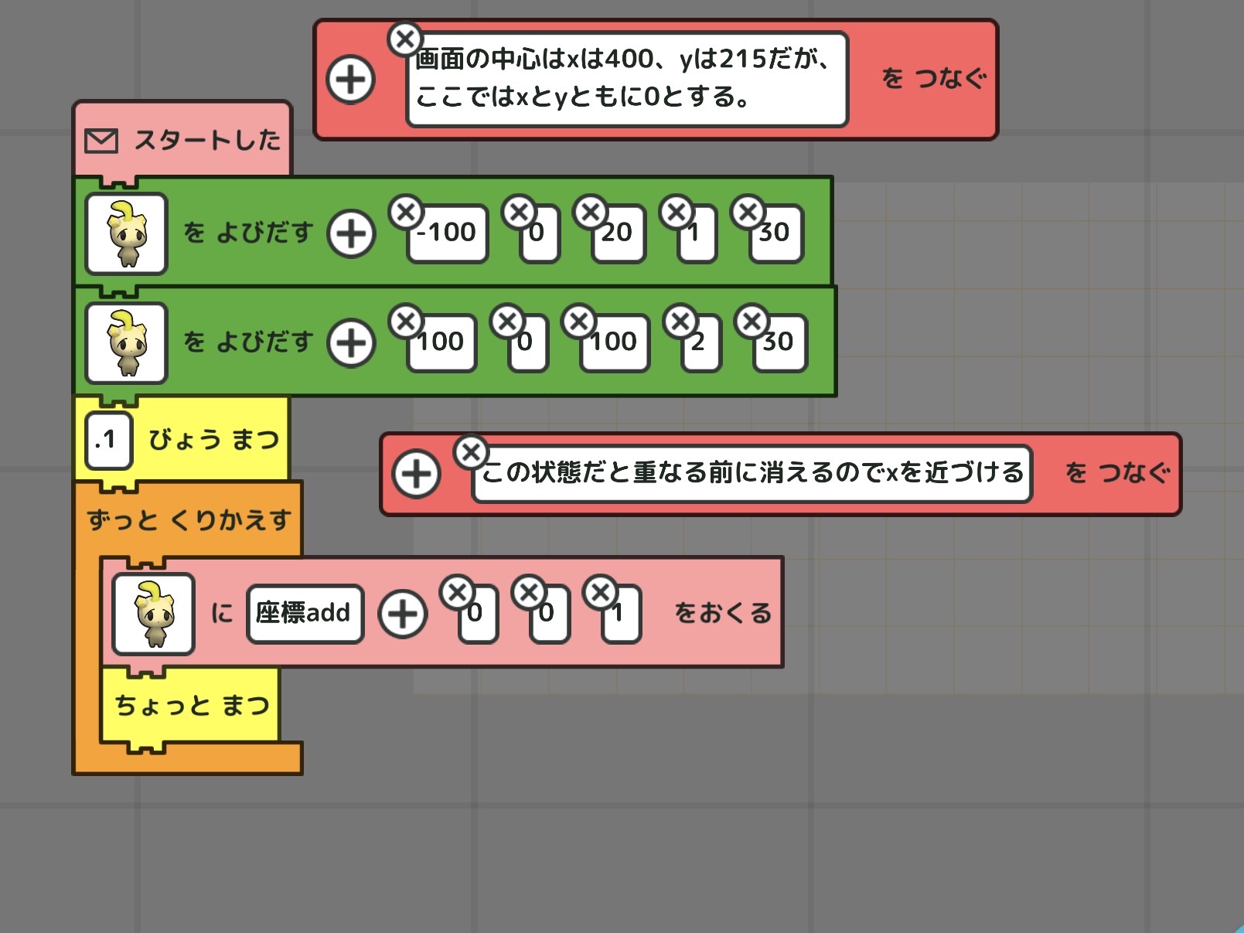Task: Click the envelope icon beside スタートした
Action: (x=101, y=141)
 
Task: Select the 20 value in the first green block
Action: (x=617, y=233)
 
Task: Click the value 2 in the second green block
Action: (x=700, y=342)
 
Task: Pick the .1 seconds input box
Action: (x=107, y=441)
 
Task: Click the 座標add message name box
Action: (x=304, y=613)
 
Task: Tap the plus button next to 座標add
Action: (x=402, y=614)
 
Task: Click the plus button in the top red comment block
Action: (x=351, y=80)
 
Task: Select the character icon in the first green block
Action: (x=127, y=233)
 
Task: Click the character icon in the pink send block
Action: (x=153, y=614)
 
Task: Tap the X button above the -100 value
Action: (x=406, y=212)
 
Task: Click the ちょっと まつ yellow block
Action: (x=191, y=705)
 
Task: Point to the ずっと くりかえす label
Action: (x=189, y=519)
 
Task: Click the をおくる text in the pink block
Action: (x=722, y=613)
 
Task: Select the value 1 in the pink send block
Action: (x=621, y=614)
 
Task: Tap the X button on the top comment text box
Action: (x=404, y=39)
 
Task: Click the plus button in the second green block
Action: (x=352, y=343)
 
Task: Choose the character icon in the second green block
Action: (x=127, y=343)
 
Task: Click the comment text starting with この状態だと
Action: (x=752, y=473)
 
